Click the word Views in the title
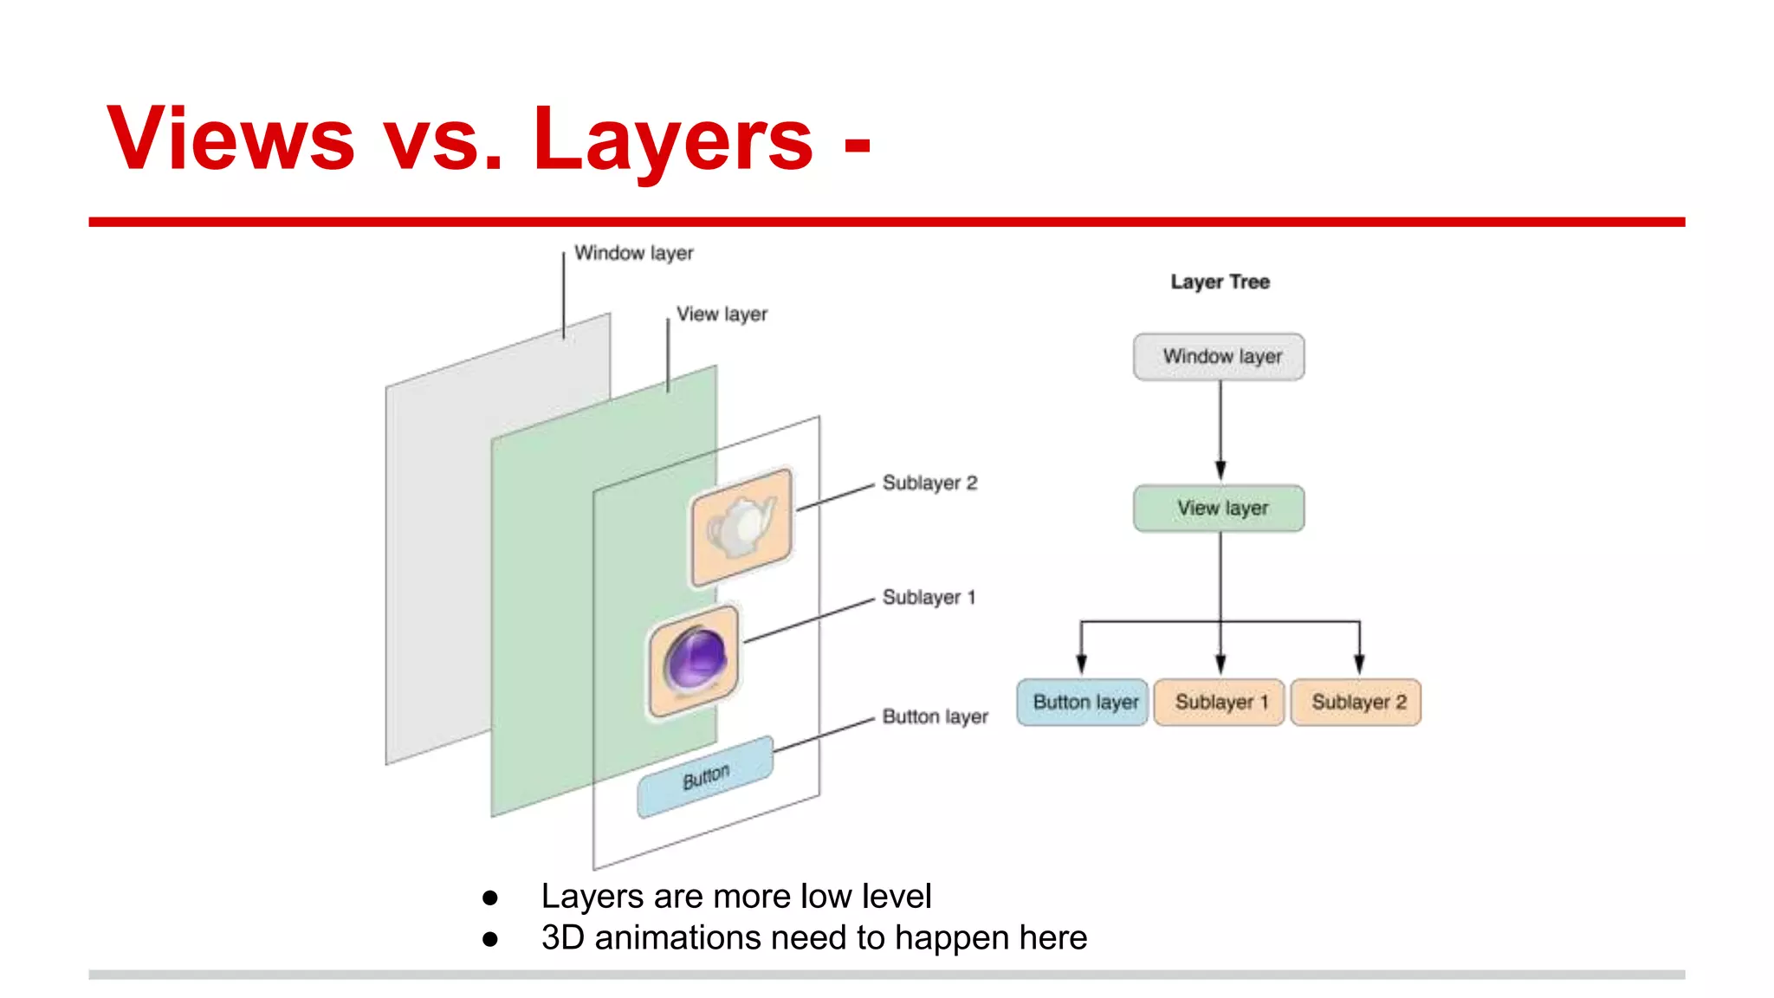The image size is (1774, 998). click(x=230, y=139)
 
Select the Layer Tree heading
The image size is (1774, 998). click(x=1220, y=282)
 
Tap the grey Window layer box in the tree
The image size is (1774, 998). click(x=1219, y=356)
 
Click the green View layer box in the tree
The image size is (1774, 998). click(x=1219, y=508)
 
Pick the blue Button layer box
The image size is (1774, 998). click(x=1083, y=702)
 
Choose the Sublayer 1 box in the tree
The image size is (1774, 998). click(x=1219, y=702)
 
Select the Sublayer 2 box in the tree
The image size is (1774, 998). click(x=1356, y=702)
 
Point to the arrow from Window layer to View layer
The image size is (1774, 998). click(x=1220, y=429)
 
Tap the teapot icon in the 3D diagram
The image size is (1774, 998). click(x=741, y=525)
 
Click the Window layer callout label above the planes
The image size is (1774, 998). click(x=633, y=253)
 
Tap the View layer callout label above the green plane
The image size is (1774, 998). click(x=722, y=314)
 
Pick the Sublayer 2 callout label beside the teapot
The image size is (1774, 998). click(x=929, y=483)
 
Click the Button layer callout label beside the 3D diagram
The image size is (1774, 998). click(x=935, y=716)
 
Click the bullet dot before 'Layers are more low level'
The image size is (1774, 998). click(x=490, y=898)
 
